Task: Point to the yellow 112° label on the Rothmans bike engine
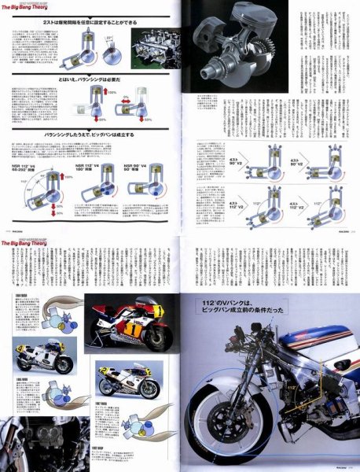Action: coord(292,387)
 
